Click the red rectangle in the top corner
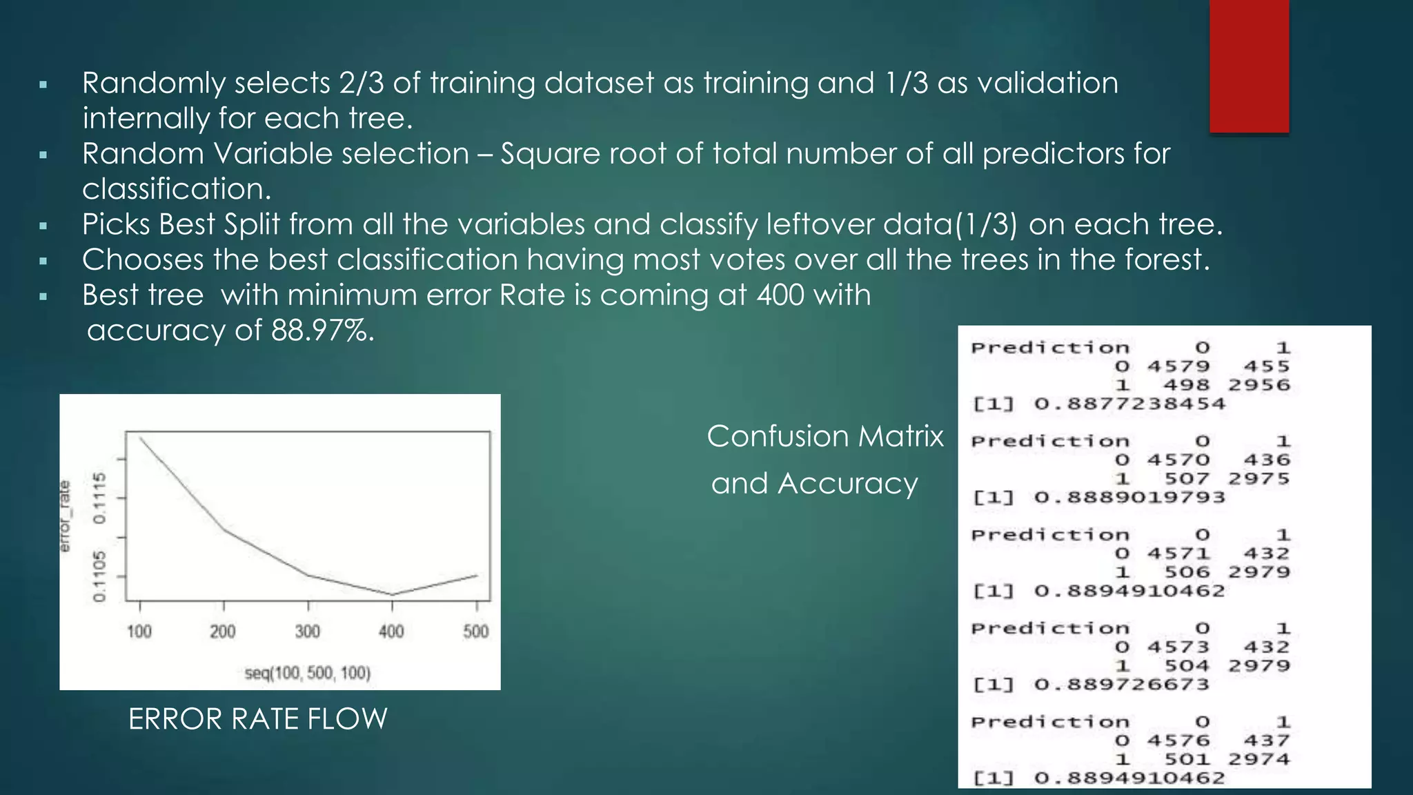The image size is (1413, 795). pos(1249,66)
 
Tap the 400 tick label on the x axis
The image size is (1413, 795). pos(391,631)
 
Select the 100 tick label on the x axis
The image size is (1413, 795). pos(139,631)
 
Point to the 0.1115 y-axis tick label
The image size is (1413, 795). pos(101,498)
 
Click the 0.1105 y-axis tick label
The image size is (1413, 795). pos(101,576)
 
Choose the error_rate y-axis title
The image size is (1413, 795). pos(65,517)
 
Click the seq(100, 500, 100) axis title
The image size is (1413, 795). pos(308,673)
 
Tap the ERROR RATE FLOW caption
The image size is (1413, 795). pos(257,719)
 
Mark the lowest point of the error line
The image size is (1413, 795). pos(392,594)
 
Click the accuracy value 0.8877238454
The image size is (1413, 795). pos(1129,404)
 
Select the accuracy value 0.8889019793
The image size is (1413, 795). pos(1129,498)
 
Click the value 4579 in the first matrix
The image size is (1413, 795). pos(1178,366)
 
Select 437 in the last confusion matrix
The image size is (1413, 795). pos(1266,740)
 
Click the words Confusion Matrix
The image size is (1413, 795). pos(825,436)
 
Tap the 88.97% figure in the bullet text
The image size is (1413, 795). pos(322,331)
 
